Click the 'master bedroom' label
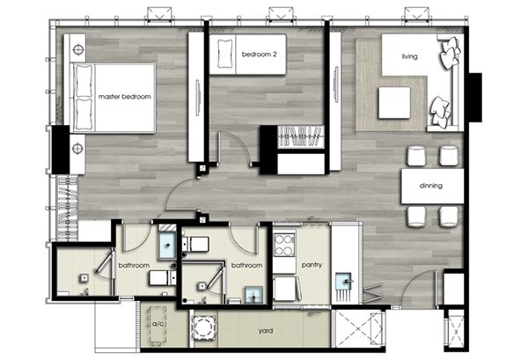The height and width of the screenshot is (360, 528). point(125,97)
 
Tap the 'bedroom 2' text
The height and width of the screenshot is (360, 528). point(259,54)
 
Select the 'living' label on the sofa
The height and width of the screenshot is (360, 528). point(409,56)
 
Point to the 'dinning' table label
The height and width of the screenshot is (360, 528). point(430,186)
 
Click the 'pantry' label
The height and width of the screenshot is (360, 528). point(312,265)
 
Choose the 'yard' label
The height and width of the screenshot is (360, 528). point(266,331)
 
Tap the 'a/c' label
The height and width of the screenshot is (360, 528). point(158,324)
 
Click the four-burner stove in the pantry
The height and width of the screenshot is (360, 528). point(283,245)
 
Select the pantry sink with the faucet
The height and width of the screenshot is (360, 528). point(346,280)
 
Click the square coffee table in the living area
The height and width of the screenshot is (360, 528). point(394,103)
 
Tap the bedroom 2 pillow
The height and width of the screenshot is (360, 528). point(224,54)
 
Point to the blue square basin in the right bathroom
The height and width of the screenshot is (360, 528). point(254,296)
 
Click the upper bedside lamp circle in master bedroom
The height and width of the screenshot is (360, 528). point(78,50)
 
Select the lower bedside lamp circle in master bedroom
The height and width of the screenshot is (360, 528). point(77,148)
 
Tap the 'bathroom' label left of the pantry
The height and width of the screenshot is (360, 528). point(246,265)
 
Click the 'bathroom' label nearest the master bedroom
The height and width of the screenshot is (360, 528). point(134,265)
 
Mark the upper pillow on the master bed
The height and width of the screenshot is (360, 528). point(83,81)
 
